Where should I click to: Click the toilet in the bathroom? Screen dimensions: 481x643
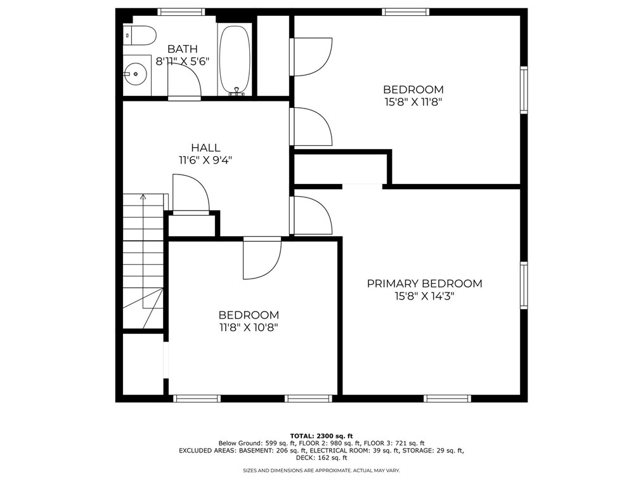coord(140,36)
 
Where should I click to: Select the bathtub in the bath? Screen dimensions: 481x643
coord(235,60)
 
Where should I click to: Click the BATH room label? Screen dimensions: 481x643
coord(182,49)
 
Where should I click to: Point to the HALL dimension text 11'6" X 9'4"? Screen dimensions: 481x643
coord(205,161)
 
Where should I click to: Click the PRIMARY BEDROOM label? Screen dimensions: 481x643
coord(424,284)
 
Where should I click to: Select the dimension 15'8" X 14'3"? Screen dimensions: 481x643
coord(424,296)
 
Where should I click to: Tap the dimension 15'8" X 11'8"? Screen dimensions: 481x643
coord(413,102)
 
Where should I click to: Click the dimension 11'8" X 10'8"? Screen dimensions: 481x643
coord(249,327)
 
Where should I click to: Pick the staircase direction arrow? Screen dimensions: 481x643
coord(143,198)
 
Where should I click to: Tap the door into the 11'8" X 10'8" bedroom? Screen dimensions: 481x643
coord(261,259)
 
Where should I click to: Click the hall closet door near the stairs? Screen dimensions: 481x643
coord(191,195)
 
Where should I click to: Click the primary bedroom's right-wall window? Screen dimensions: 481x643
coord(524,286)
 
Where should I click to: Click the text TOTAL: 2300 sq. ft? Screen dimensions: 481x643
coord(321,436)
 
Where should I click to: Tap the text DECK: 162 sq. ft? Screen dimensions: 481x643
coord(321,458)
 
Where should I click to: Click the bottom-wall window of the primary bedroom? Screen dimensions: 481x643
coord(447,399)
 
